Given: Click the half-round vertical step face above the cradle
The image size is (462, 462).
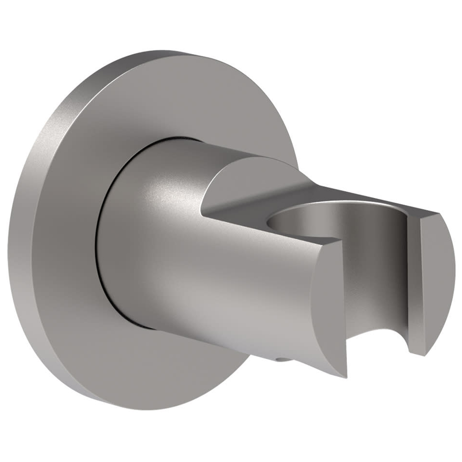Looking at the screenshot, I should point(246,182).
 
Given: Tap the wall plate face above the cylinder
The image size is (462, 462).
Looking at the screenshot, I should point(154,102).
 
